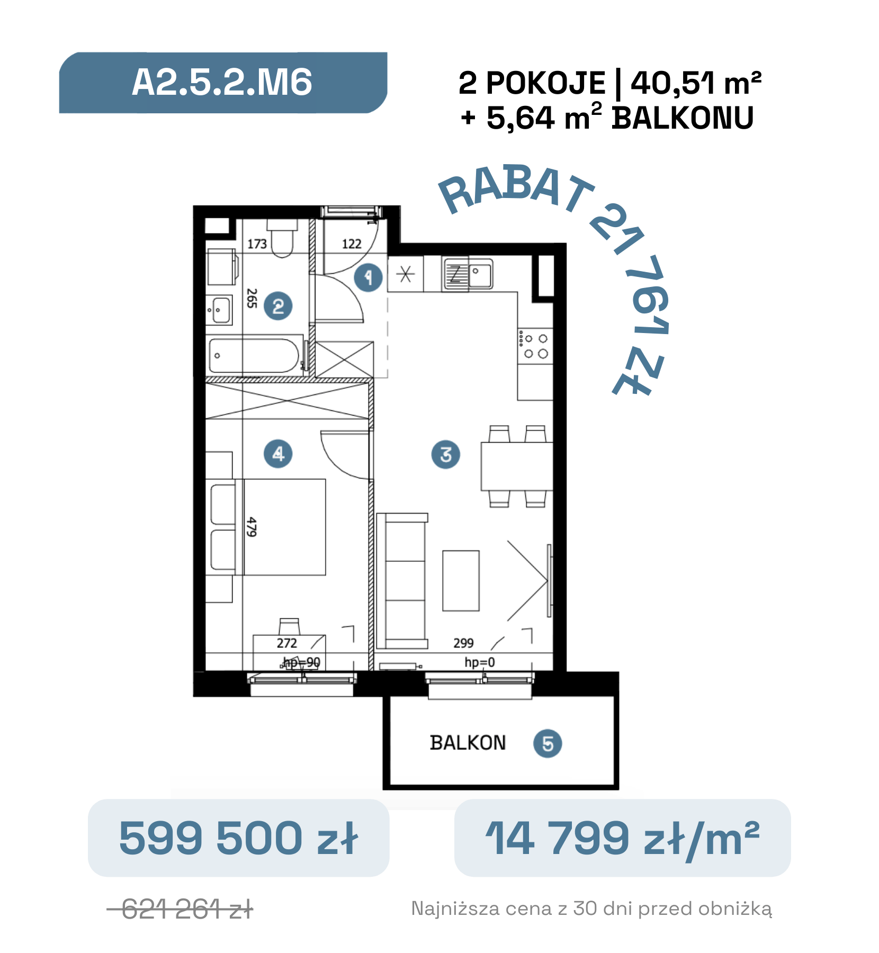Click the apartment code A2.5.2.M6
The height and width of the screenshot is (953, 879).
[x=222, y=83]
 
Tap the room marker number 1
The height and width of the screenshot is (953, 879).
[x=369, y=277]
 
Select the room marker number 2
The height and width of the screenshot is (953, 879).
[x=278, y=306]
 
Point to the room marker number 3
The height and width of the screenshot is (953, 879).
[x=446, y=454]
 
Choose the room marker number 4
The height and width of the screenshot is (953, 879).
[x=278, y=454]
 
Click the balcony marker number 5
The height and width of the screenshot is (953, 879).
[x=548, y=743]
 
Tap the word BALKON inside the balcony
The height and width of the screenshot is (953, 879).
[x=468, y=743]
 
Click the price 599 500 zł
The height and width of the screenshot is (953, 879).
[x=239, y=838]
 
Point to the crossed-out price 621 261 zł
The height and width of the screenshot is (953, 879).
[x=181, y=910]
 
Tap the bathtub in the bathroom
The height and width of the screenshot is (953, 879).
[x=254, y=355]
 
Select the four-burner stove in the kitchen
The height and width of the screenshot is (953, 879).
[x=535, y=346]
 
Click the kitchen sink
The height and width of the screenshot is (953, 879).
[x=468, y=274]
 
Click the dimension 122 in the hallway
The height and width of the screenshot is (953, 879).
[x=352, y=244]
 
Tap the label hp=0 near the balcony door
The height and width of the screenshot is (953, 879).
[x=480, y=662]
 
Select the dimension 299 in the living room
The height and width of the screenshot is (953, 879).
[x=463, y=643]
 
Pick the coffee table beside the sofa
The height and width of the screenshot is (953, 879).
[x=461, y=581]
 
